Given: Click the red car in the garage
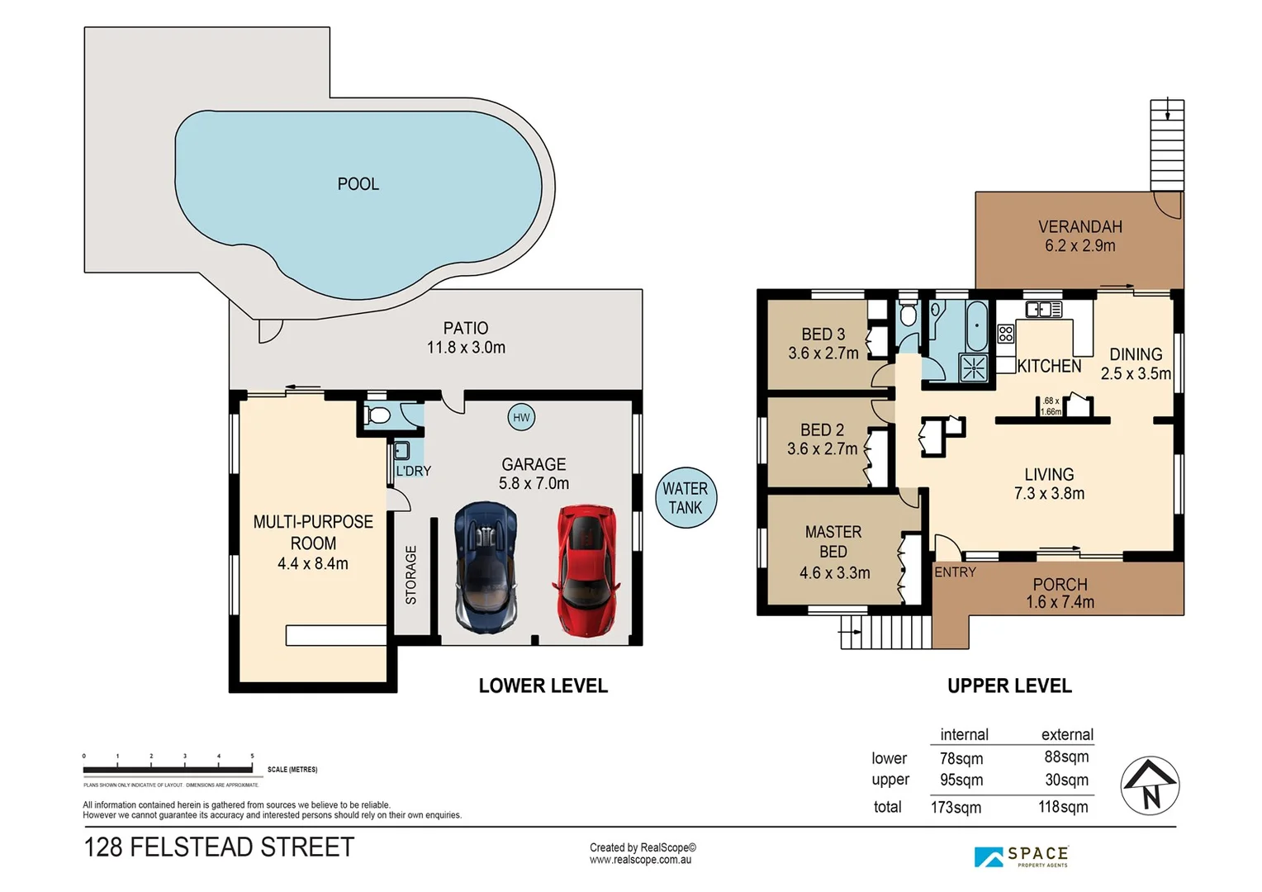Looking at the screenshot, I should pos(586,571).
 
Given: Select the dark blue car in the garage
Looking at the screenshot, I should pos(486,567).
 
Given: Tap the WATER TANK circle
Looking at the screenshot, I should pos(686,498).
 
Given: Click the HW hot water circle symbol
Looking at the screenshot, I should pos(521,418).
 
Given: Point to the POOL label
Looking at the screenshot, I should pos(358,184).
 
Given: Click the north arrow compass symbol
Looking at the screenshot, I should pos(1150,786).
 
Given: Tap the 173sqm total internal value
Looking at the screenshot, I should pos(956,808).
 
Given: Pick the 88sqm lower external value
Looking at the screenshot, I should pos(1066,757).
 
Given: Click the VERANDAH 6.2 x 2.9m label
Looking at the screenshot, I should pos(1079,236).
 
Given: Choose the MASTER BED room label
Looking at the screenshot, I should pos(833,552).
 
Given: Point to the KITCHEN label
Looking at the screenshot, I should pos(1049,366).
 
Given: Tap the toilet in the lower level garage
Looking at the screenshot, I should pos(377,415).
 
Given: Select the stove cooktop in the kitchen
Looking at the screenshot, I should pos(1005,334).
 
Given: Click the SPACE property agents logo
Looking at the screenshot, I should pos(1022,856).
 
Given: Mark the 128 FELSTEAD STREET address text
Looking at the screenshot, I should pos(219,847).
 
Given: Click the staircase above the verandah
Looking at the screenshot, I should pos(1167,145).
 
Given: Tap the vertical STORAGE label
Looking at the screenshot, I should pos(410,575).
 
